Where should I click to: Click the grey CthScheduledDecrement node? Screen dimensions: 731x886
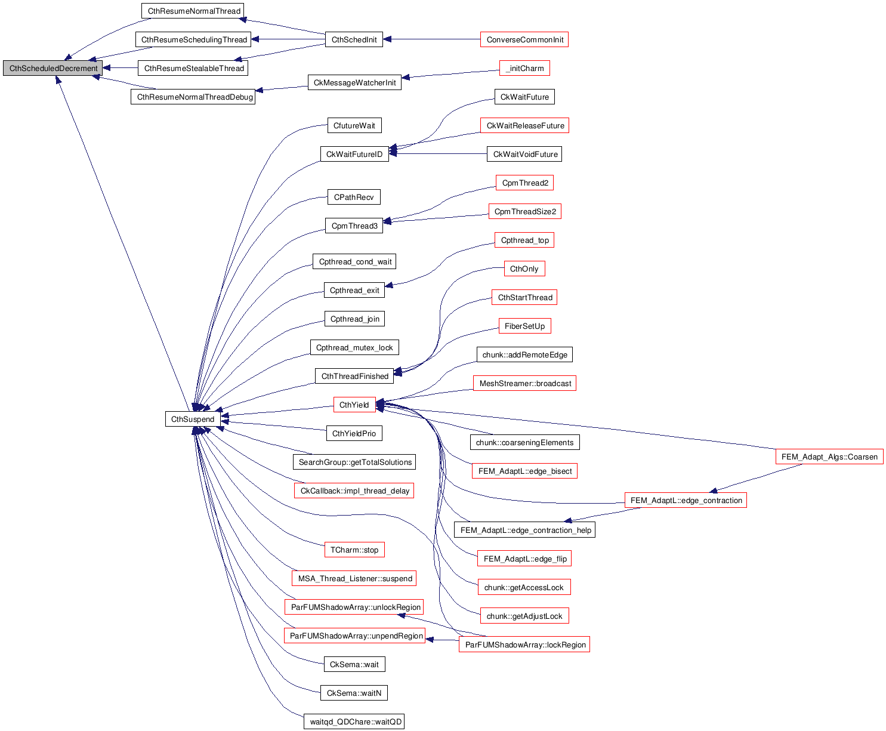(53, 69)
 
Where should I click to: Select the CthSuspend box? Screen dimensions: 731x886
(192, 420)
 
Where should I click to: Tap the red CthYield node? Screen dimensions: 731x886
(354, 405)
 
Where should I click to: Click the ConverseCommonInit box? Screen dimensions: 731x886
(524, 40)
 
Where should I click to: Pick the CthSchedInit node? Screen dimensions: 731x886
(354, 40)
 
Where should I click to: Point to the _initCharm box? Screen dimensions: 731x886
(524, 69)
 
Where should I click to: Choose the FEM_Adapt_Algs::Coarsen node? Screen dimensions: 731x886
(829, 457)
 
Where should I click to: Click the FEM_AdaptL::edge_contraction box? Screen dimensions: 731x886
(686, 501)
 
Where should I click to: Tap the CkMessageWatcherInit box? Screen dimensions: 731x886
(354, 83)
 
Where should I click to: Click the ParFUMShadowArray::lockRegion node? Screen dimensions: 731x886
(524, 645)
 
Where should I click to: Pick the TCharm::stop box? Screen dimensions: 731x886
(354, 550)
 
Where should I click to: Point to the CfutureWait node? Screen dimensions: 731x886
(354, 126)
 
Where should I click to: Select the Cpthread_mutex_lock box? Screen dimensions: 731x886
(354, 348)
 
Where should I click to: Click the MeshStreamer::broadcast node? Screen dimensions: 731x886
(524, 384)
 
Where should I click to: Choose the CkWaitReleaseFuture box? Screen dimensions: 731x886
(524, 126)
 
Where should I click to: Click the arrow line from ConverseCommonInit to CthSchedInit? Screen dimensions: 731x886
(436, 40)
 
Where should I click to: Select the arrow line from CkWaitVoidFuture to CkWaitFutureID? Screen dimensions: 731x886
(442, 154)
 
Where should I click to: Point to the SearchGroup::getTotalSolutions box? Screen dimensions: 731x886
(354, 462)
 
